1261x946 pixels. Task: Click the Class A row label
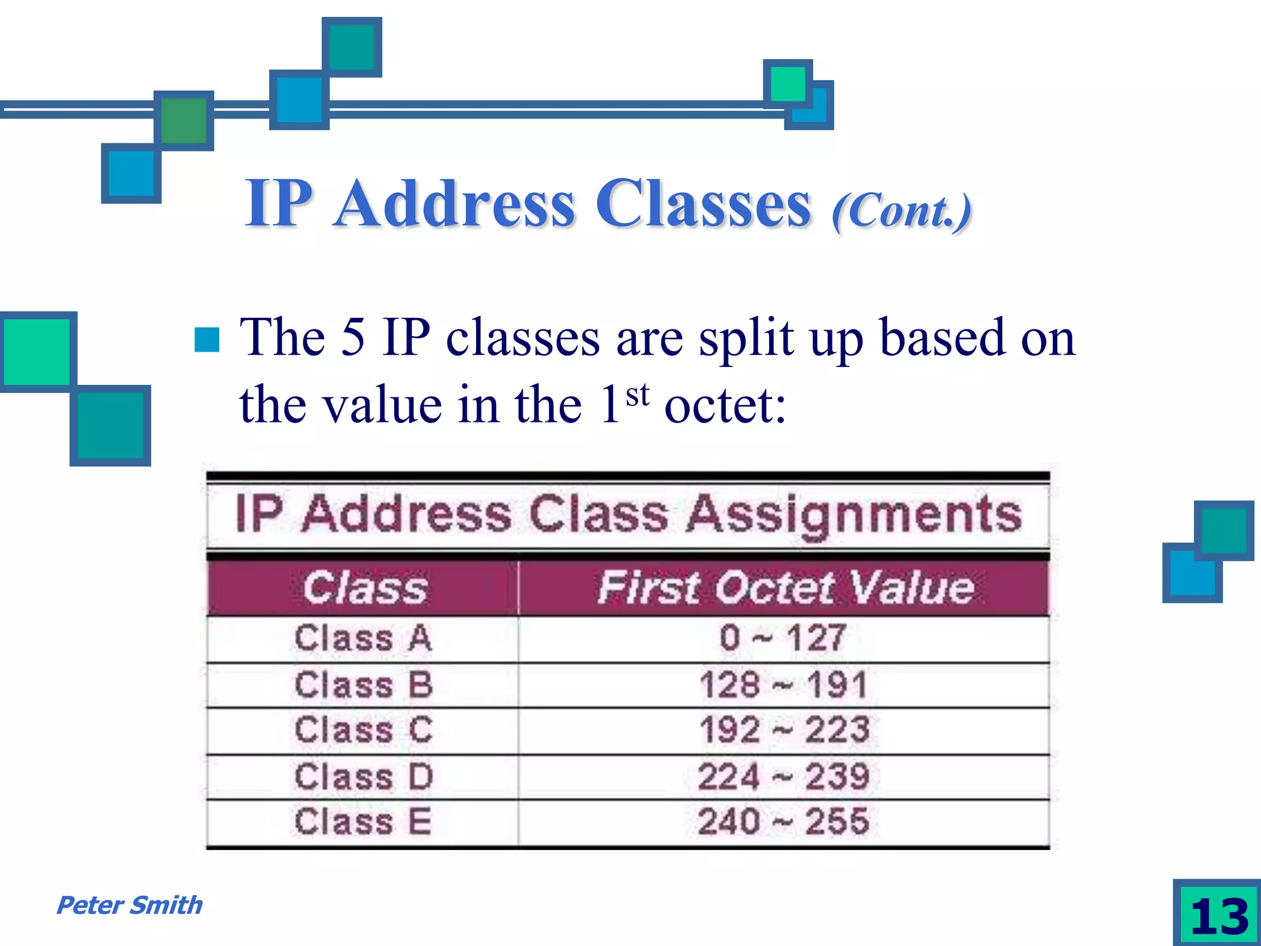tap(363, 638)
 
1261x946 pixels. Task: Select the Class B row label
tap(363, 685)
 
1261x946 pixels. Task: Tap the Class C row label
tap(363, 730)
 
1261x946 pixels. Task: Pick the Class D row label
tap(363, 777)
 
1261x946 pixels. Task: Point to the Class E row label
tap(363, 822)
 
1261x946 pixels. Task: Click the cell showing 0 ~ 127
tap(783, 638)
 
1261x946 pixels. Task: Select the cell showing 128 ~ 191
tap(783, 685)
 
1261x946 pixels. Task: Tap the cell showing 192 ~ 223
tap(783, 730)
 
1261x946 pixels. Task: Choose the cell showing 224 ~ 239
tap(783, 777)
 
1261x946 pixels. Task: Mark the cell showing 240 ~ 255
tap(783, 822)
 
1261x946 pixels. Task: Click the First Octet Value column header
tap(785, 588)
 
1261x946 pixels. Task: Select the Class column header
tap(365, 588)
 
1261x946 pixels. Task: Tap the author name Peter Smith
tap(129, 905)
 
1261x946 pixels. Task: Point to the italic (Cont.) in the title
tap(901, 211)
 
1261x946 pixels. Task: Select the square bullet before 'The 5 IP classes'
tap(207, 339)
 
